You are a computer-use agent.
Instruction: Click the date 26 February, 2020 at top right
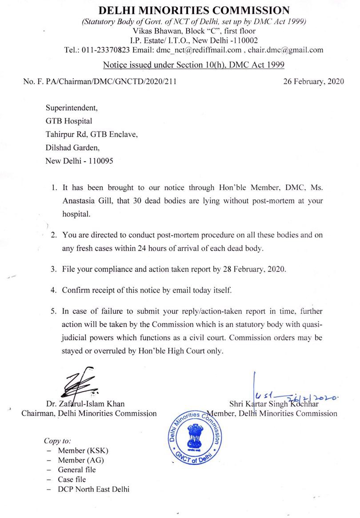coord(313,82)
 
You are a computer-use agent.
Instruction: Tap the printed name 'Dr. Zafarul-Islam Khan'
coord(85,404)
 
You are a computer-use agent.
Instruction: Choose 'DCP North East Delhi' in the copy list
coord(94,489)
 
